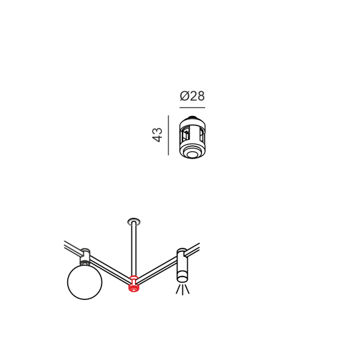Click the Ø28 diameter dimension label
point(192,96)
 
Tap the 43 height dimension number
point(157,135)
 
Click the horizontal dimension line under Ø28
point(192,107)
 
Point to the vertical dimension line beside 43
point(168,135)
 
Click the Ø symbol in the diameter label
point(184,96)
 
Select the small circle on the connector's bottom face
point(193,154)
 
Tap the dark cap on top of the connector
point(193,118)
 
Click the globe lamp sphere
point(85,282)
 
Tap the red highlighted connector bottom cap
point(134,287)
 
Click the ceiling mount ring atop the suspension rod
point(134,222)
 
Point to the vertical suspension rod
point(134,250)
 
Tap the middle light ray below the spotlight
point(182,290)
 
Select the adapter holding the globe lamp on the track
point(85,257)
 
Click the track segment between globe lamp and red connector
point(110,269)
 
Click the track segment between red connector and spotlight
point(157,270)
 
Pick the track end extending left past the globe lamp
point(72,246)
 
